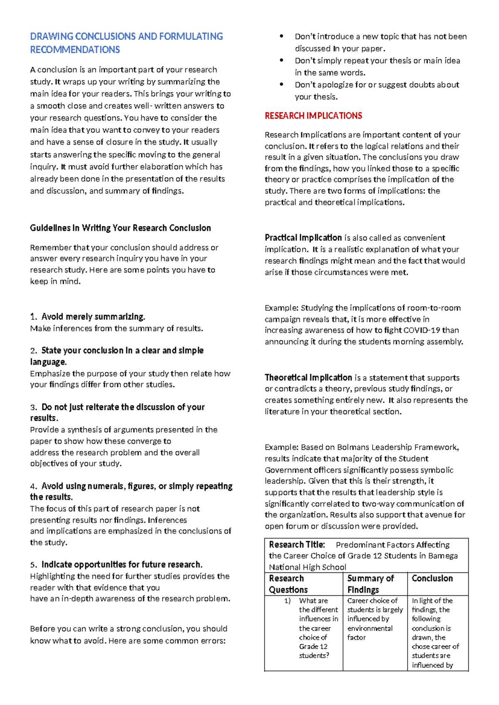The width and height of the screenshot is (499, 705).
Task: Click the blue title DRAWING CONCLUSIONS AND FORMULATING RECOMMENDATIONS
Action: [126, 43]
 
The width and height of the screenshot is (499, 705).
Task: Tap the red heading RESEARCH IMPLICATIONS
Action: [313, 116]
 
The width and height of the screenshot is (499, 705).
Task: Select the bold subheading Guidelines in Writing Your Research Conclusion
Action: [120, 228]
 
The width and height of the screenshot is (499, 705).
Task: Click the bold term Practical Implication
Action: [303, 238]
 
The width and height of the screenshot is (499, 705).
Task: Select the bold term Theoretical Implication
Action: [308, 377]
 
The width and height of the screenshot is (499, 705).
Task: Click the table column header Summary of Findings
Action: [371, 584]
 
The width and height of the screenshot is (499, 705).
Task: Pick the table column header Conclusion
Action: [432, 578]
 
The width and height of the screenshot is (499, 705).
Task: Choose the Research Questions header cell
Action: [288, 584]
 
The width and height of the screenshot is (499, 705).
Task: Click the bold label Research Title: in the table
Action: [296, 545]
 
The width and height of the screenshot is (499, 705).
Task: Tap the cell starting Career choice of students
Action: [375, 619]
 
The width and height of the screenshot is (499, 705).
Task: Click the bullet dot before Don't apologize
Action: [282, 84]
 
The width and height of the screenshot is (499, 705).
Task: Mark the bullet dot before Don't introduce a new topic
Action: [282, 36]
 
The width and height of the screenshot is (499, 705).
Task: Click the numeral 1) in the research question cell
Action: [287, 601]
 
